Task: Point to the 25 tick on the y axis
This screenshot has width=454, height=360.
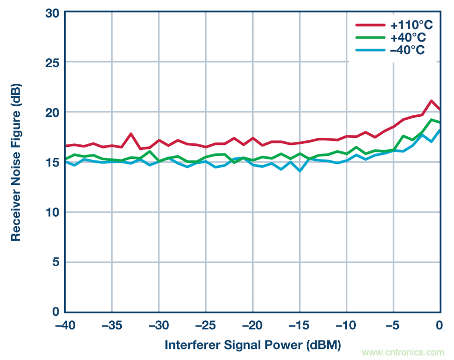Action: click(52, 62)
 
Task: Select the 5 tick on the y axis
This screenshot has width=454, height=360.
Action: click(55, 262)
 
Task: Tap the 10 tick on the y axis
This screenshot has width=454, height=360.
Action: click(52, 212)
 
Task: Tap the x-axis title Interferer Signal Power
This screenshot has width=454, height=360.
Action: click(253, 345)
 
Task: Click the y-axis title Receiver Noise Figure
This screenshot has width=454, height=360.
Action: click(16, 162)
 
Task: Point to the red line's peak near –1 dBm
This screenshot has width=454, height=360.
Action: click(431, 101)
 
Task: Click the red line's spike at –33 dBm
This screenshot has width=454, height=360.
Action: click(131, 134)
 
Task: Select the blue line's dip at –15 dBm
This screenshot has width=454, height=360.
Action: click(300, 171)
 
